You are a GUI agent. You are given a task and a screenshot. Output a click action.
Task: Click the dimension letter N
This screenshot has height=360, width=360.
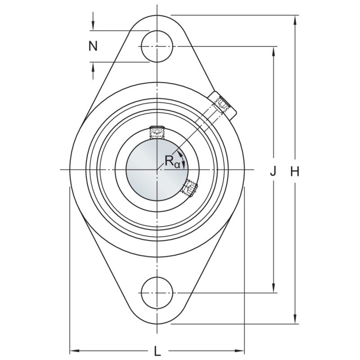click(93, 46)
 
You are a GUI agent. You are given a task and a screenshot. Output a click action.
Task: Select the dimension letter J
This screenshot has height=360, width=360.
click(273, 171)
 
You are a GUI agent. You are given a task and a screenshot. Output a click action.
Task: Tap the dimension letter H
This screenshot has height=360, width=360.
click(295, 171)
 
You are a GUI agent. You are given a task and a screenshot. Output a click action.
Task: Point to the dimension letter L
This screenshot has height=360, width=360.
click(157, 351)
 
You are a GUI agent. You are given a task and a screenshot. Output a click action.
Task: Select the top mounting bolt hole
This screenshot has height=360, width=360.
click(157, 46)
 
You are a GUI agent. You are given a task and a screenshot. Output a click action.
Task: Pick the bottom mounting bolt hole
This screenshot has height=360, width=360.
click(157, 293)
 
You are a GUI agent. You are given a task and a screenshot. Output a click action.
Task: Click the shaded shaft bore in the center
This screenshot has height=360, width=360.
click(157, 170)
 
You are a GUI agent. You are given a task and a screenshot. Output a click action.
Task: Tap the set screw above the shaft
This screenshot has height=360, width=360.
click(157, 132)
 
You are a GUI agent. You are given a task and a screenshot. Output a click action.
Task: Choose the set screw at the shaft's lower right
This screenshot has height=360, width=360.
click(189, 187)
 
